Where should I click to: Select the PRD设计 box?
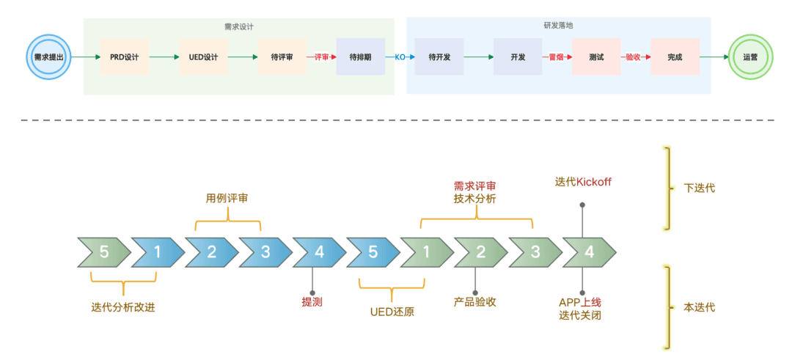(x=125, y=56)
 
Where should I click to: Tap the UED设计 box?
(x=204, y=56)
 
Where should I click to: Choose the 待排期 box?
(x=361, y=56)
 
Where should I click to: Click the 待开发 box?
(x=439, y=56)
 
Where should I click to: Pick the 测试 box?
(x=596, y=56)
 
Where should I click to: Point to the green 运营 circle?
(x=750, y=56)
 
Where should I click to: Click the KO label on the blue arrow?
(x=400, y=56)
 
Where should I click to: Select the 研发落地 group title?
(x=558, y=25)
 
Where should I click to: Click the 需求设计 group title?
(x=239, y=26)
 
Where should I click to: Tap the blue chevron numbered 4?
(x=319, y=252)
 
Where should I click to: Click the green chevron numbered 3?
(x=535, y=252)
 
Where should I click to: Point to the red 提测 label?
(x=312, y=301)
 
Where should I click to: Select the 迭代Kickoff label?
(x=583, y=181)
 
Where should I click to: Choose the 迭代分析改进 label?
(x=123, y=307)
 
